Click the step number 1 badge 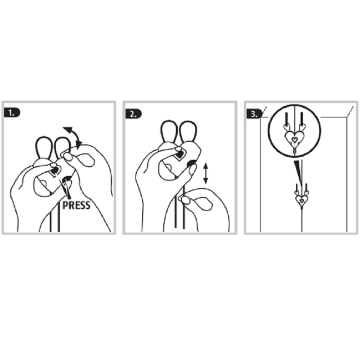point(12,113)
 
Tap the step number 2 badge point(133,114)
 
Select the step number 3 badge point(254,114)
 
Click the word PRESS point(76,205)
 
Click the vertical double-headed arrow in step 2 point(206,173)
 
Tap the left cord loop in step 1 point(43,148)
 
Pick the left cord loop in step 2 point(169,131)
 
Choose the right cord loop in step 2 point(188,131)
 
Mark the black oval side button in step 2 point(191,163)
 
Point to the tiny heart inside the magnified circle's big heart point(294,139)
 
